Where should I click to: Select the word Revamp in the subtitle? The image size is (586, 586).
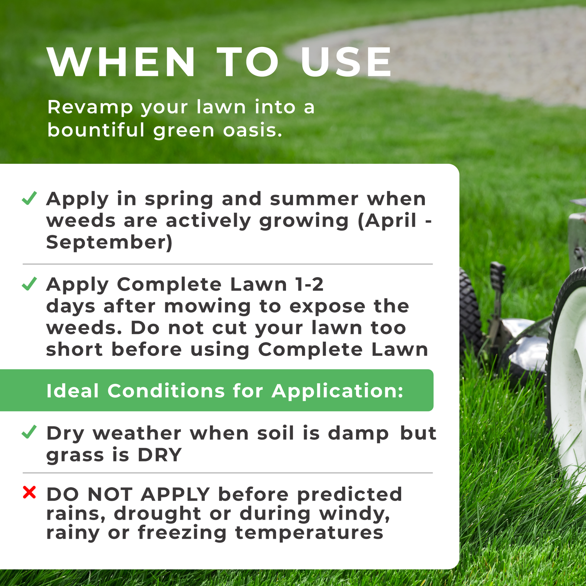pos(90,107)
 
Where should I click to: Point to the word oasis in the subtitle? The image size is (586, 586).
pos(253,130)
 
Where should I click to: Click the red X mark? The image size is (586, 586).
pos(29,492)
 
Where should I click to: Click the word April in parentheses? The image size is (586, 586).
pos(390,220)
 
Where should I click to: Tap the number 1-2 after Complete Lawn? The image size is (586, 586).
pos(309,284)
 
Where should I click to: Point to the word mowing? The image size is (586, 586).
pos(207,306)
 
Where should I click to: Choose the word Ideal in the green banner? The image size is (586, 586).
pos(73,391)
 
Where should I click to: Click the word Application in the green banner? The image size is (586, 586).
pos(337,391)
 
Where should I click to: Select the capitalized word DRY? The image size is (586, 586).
pos(160,455)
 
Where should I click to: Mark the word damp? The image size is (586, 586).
pos(358,434)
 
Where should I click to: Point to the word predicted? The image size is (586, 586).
pos(350,495)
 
